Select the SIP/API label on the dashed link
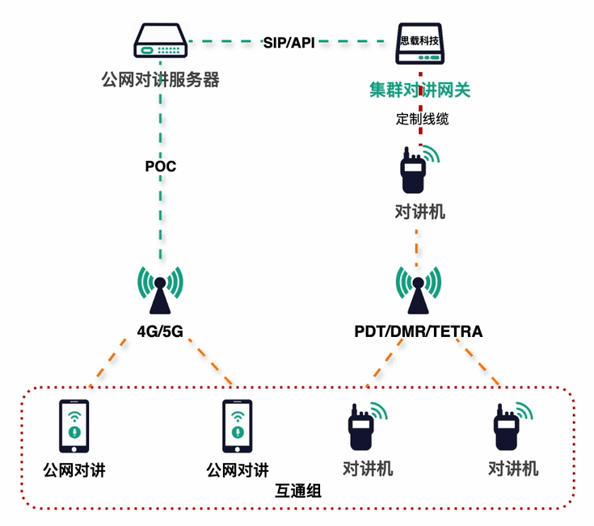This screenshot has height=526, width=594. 289,41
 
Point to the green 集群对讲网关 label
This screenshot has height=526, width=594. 420,89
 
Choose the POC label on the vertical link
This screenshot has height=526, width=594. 160,167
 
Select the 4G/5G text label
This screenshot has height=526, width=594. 160,330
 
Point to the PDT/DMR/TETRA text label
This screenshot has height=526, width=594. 418,331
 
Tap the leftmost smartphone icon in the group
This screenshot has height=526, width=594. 74,427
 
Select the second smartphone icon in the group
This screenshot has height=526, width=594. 238,427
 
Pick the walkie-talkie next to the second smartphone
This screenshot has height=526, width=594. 363,427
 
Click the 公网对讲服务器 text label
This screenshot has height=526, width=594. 161,80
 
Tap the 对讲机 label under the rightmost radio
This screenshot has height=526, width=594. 513,469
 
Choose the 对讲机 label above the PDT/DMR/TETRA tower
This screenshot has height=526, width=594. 419,213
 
